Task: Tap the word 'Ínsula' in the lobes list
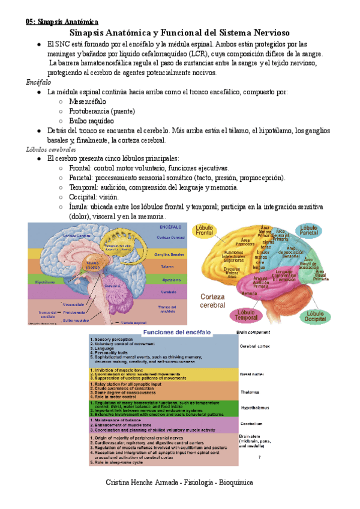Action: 79,206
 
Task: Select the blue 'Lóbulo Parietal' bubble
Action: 310,231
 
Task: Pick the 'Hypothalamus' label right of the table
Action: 253,407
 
